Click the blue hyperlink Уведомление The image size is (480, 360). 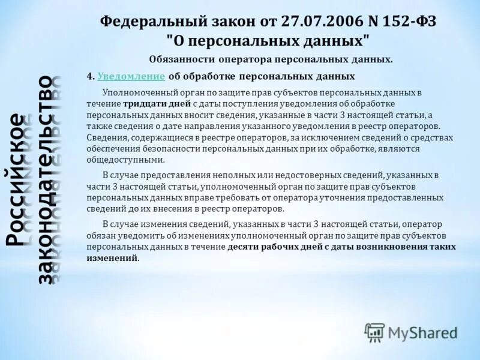131,77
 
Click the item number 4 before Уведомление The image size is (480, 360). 89,77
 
